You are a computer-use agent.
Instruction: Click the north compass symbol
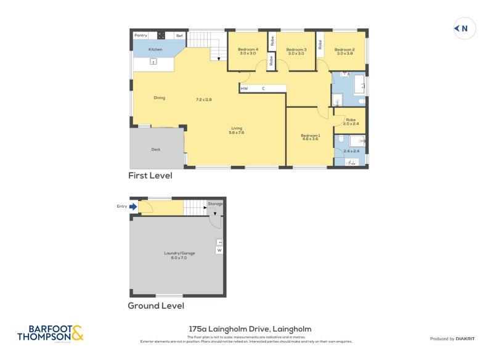point(462,28)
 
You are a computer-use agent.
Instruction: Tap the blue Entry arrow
point(133,207)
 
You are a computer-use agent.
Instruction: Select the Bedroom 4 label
point(248,49)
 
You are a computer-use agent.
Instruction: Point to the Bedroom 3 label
point(296,49)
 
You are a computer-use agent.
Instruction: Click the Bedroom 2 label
point(344,49)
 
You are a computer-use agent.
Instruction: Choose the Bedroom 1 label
point(310,136)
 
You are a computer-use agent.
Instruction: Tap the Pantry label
point(141,36)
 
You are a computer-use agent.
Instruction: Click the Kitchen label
point(155,49)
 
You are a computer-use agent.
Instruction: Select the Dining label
point(160,97)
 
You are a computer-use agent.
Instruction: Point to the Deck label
point(156,149)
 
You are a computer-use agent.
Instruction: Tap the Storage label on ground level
point(215,203)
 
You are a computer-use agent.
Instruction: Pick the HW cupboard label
point(245,89)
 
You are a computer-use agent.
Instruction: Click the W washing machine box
point(219,250)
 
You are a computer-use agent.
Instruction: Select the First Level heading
point(150,176)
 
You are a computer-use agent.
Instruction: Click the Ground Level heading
point(155,305)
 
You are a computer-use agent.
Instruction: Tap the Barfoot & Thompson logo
point(50,333)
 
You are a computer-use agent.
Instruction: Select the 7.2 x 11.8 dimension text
point(204,99)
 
